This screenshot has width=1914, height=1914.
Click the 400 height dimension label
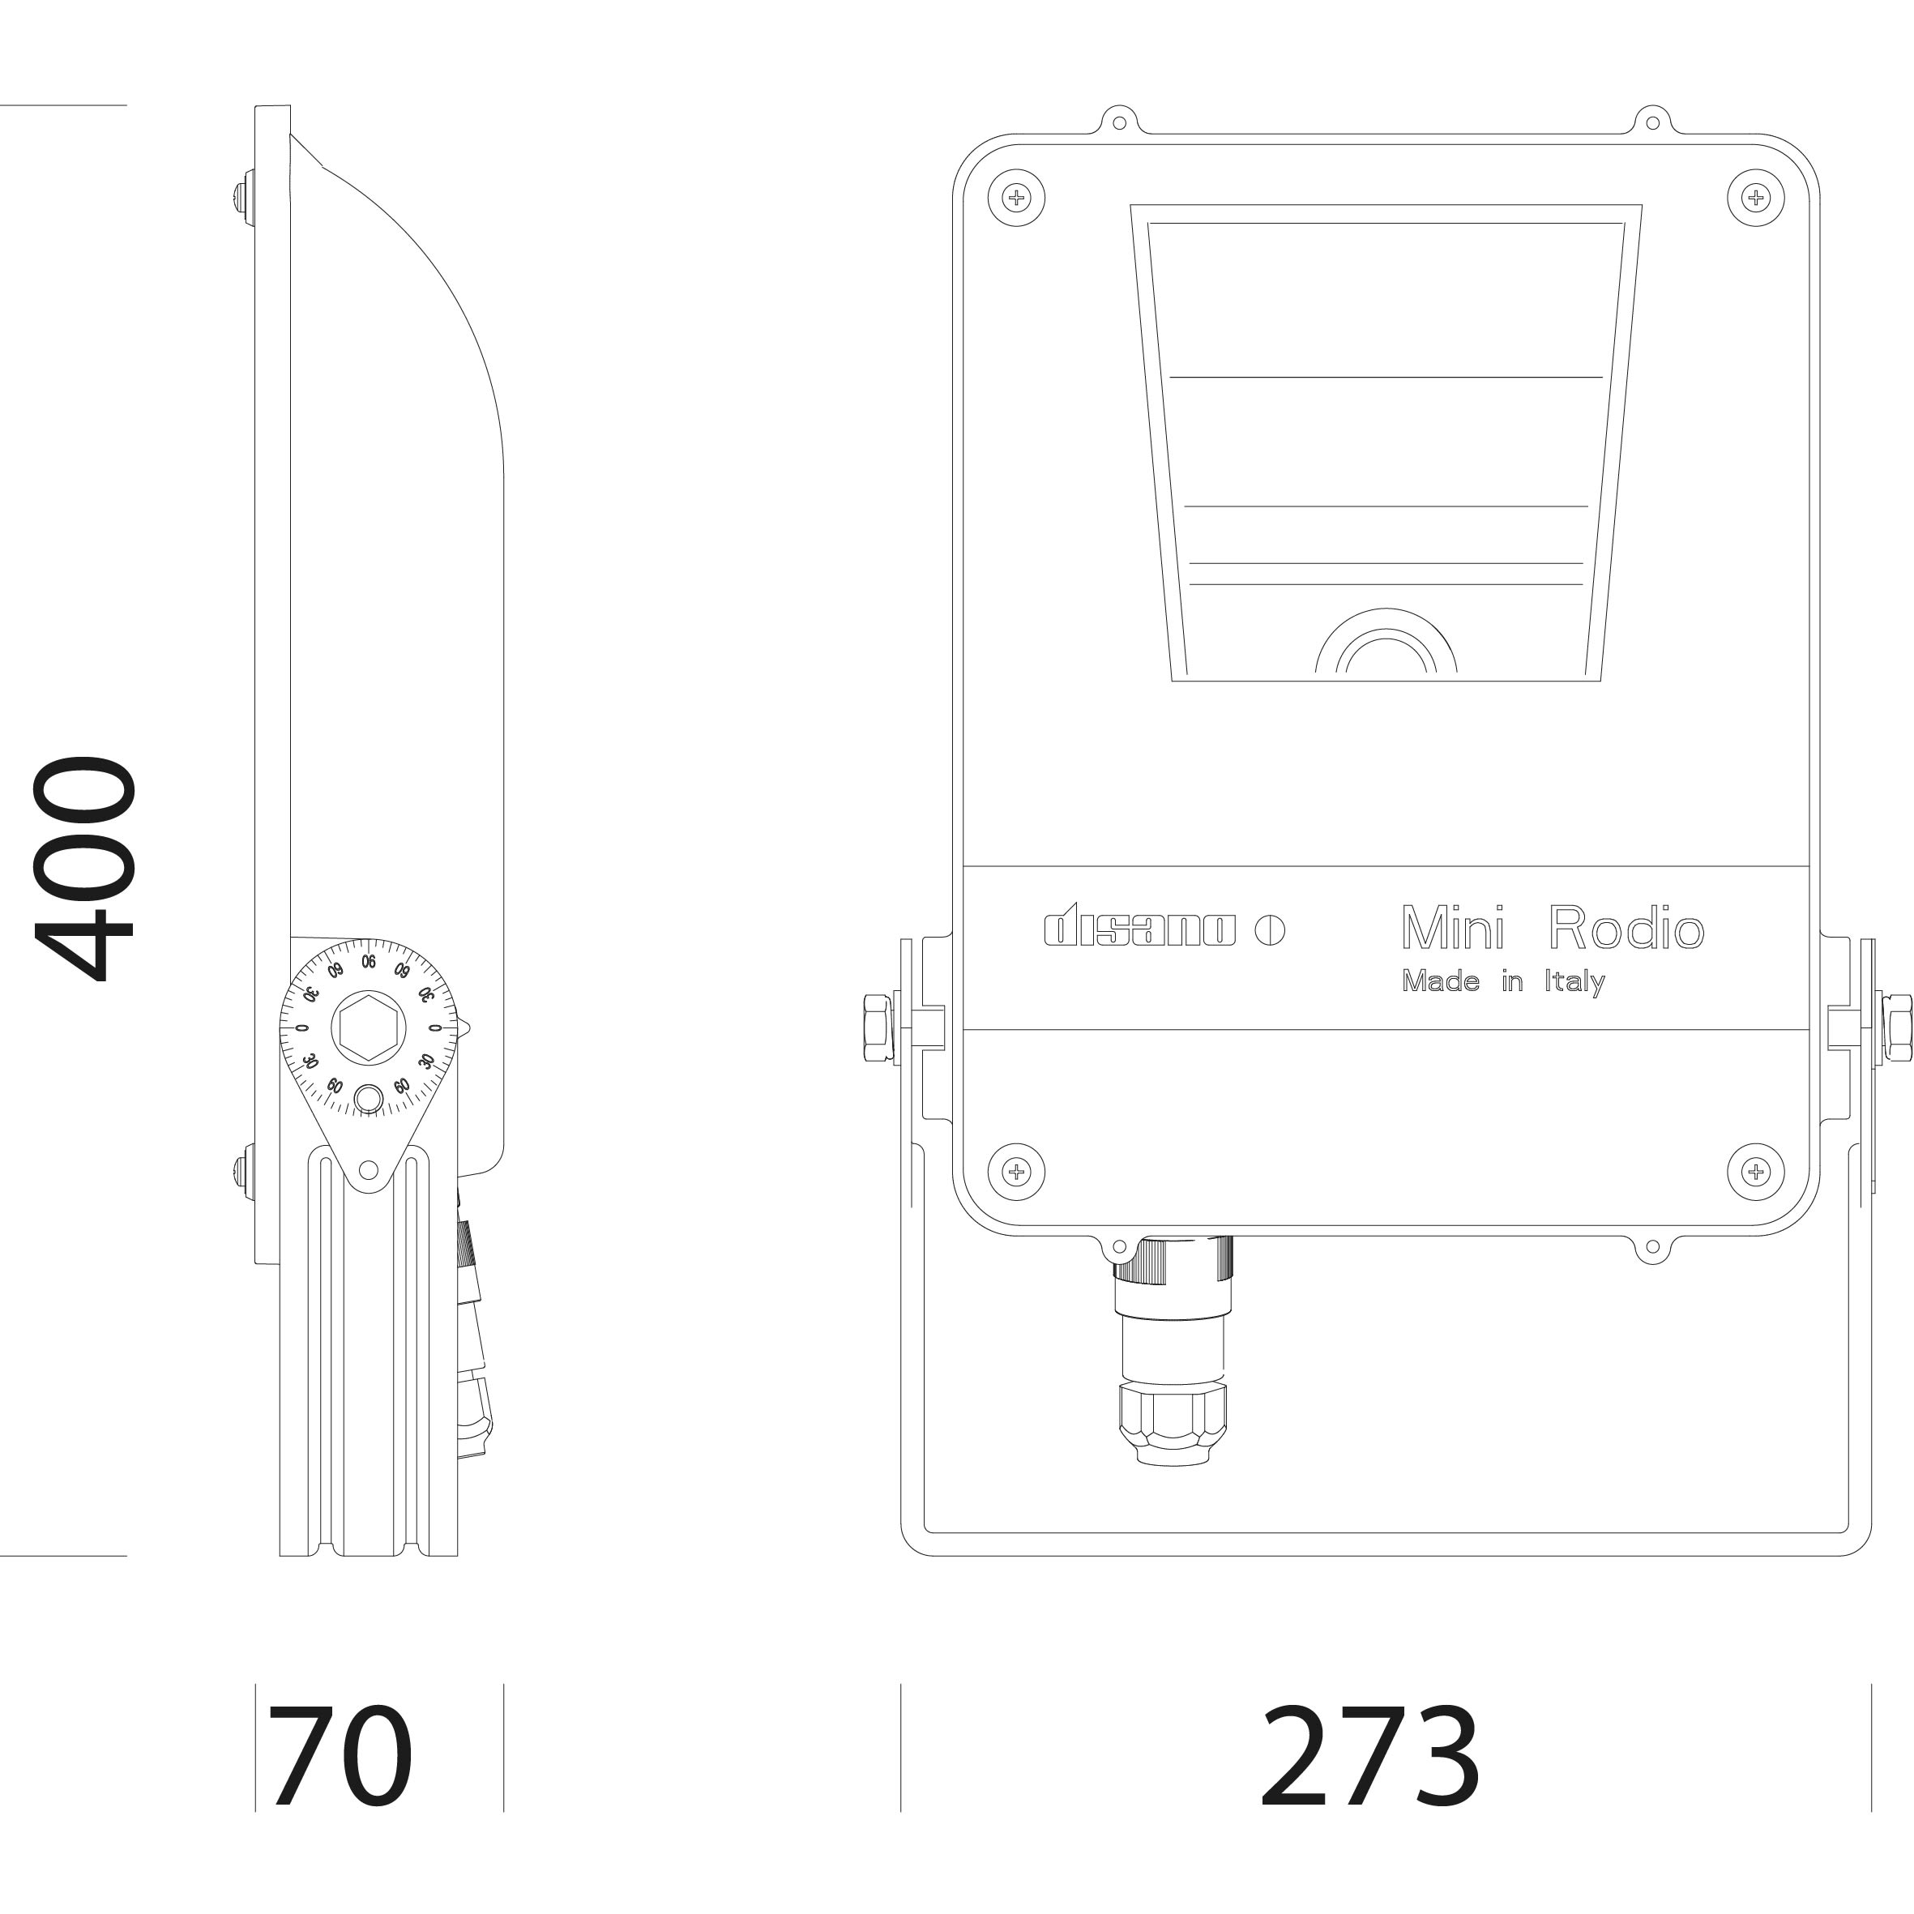tap(84, 869)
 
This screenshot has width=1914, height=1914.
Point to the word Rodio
tap(1626, 929)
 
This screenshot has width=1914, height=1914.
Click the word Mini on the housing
tap(1454, 929)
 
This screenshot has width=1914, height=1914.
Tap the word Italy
tap(1574, 982)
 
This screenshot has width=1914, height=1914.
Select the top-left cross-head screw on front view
tap(1016, 197)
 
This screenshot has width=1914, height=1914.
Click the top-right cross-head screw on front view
tap(1755, 197)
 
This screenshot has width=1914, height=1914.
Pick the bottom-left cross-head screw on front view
tap(1016, 1172)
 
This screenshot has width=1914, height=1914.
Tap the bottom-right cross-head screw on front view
tap(1755, 1172)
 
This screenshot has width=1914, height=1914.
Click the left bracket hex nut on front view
tap(878, 1027)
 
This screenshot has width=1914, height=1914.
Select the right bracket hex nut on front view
tap(1896, 1027)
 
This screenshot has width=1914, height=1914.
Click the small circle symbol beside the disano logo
tap(1269, 930)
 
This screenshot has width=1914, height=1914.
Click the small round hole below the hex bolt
tap(369, 1100)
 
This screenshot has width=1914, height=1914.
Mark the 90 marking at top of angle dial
tap(369, 962)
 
